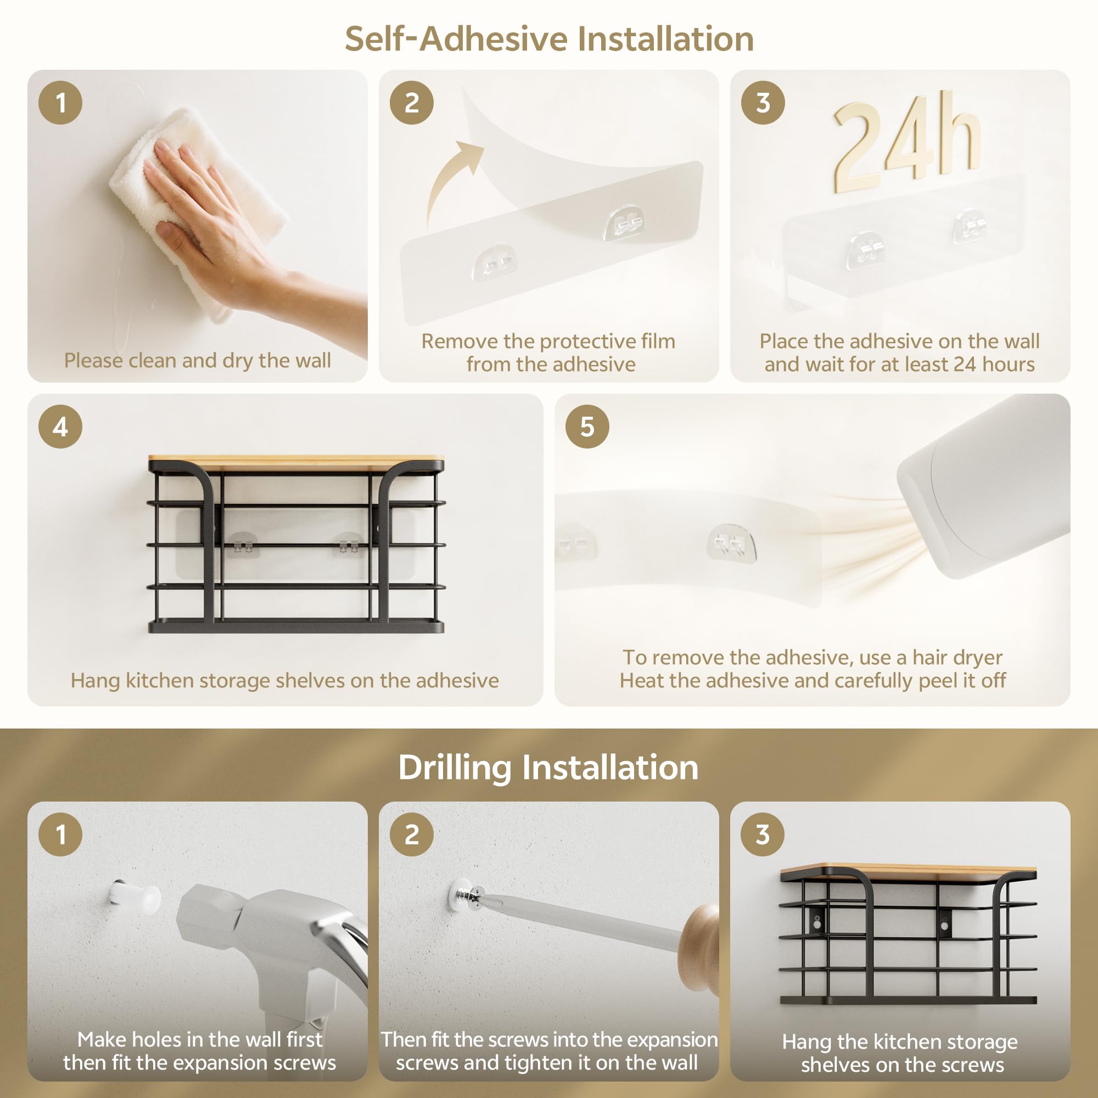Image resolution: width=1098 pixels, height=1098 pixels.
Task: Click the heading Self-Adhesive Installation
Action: point(549,39)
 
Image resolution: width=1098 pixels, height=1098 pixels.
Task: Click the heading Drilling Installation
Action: point(548,768)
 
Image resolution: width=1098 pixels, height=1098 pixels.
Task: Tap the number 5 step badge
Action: point(587,427)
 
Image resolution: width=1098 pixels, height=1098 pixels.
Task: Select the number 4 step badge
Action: point(60,427)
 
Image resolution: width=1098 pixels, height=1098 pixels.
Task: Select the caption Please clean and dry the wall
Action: point(197,360)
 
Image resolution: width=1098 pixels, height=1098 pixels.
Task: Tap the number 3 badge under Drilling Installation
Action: point(763,834)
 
